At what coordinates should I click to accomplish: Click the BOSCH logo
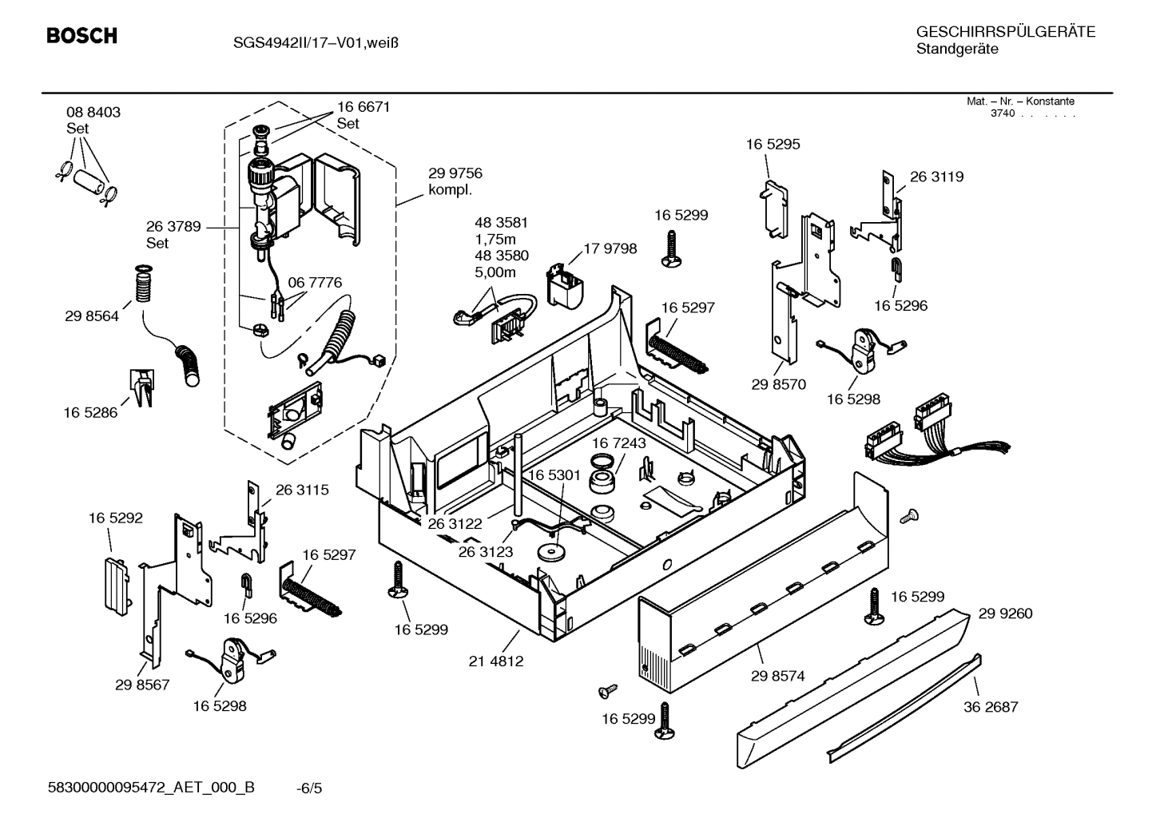81,36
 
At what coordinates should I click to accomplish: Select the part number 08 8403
93,113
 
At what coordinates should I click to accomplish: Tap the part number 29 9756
455,173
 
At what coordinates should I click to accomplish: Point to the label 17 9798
610,248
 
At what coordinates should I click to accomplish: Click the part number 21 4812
496,661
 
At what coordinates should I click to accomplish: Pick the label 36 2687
991,706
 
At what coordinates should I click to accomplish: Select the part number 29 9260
1005,613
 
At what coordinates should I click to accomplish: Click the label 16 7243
619,443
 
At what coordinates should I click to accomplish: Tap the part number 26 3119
936,177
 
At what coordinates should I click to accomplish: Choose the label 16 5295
773,145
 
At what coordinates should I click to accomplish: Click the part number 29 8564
92,316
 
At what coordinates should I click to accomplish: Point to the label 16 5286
90,413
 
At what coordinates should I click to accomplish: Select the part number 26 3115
302,490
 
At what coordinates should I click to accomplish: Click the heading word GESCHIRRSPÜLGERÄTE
1005,32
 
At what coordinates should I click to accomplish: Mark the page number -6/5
309,788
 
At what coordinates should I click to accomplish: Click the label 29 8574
777,676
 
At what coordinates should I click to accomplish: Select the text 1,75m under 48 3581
495,239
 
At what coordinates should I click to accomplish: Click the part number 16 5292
116,518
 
